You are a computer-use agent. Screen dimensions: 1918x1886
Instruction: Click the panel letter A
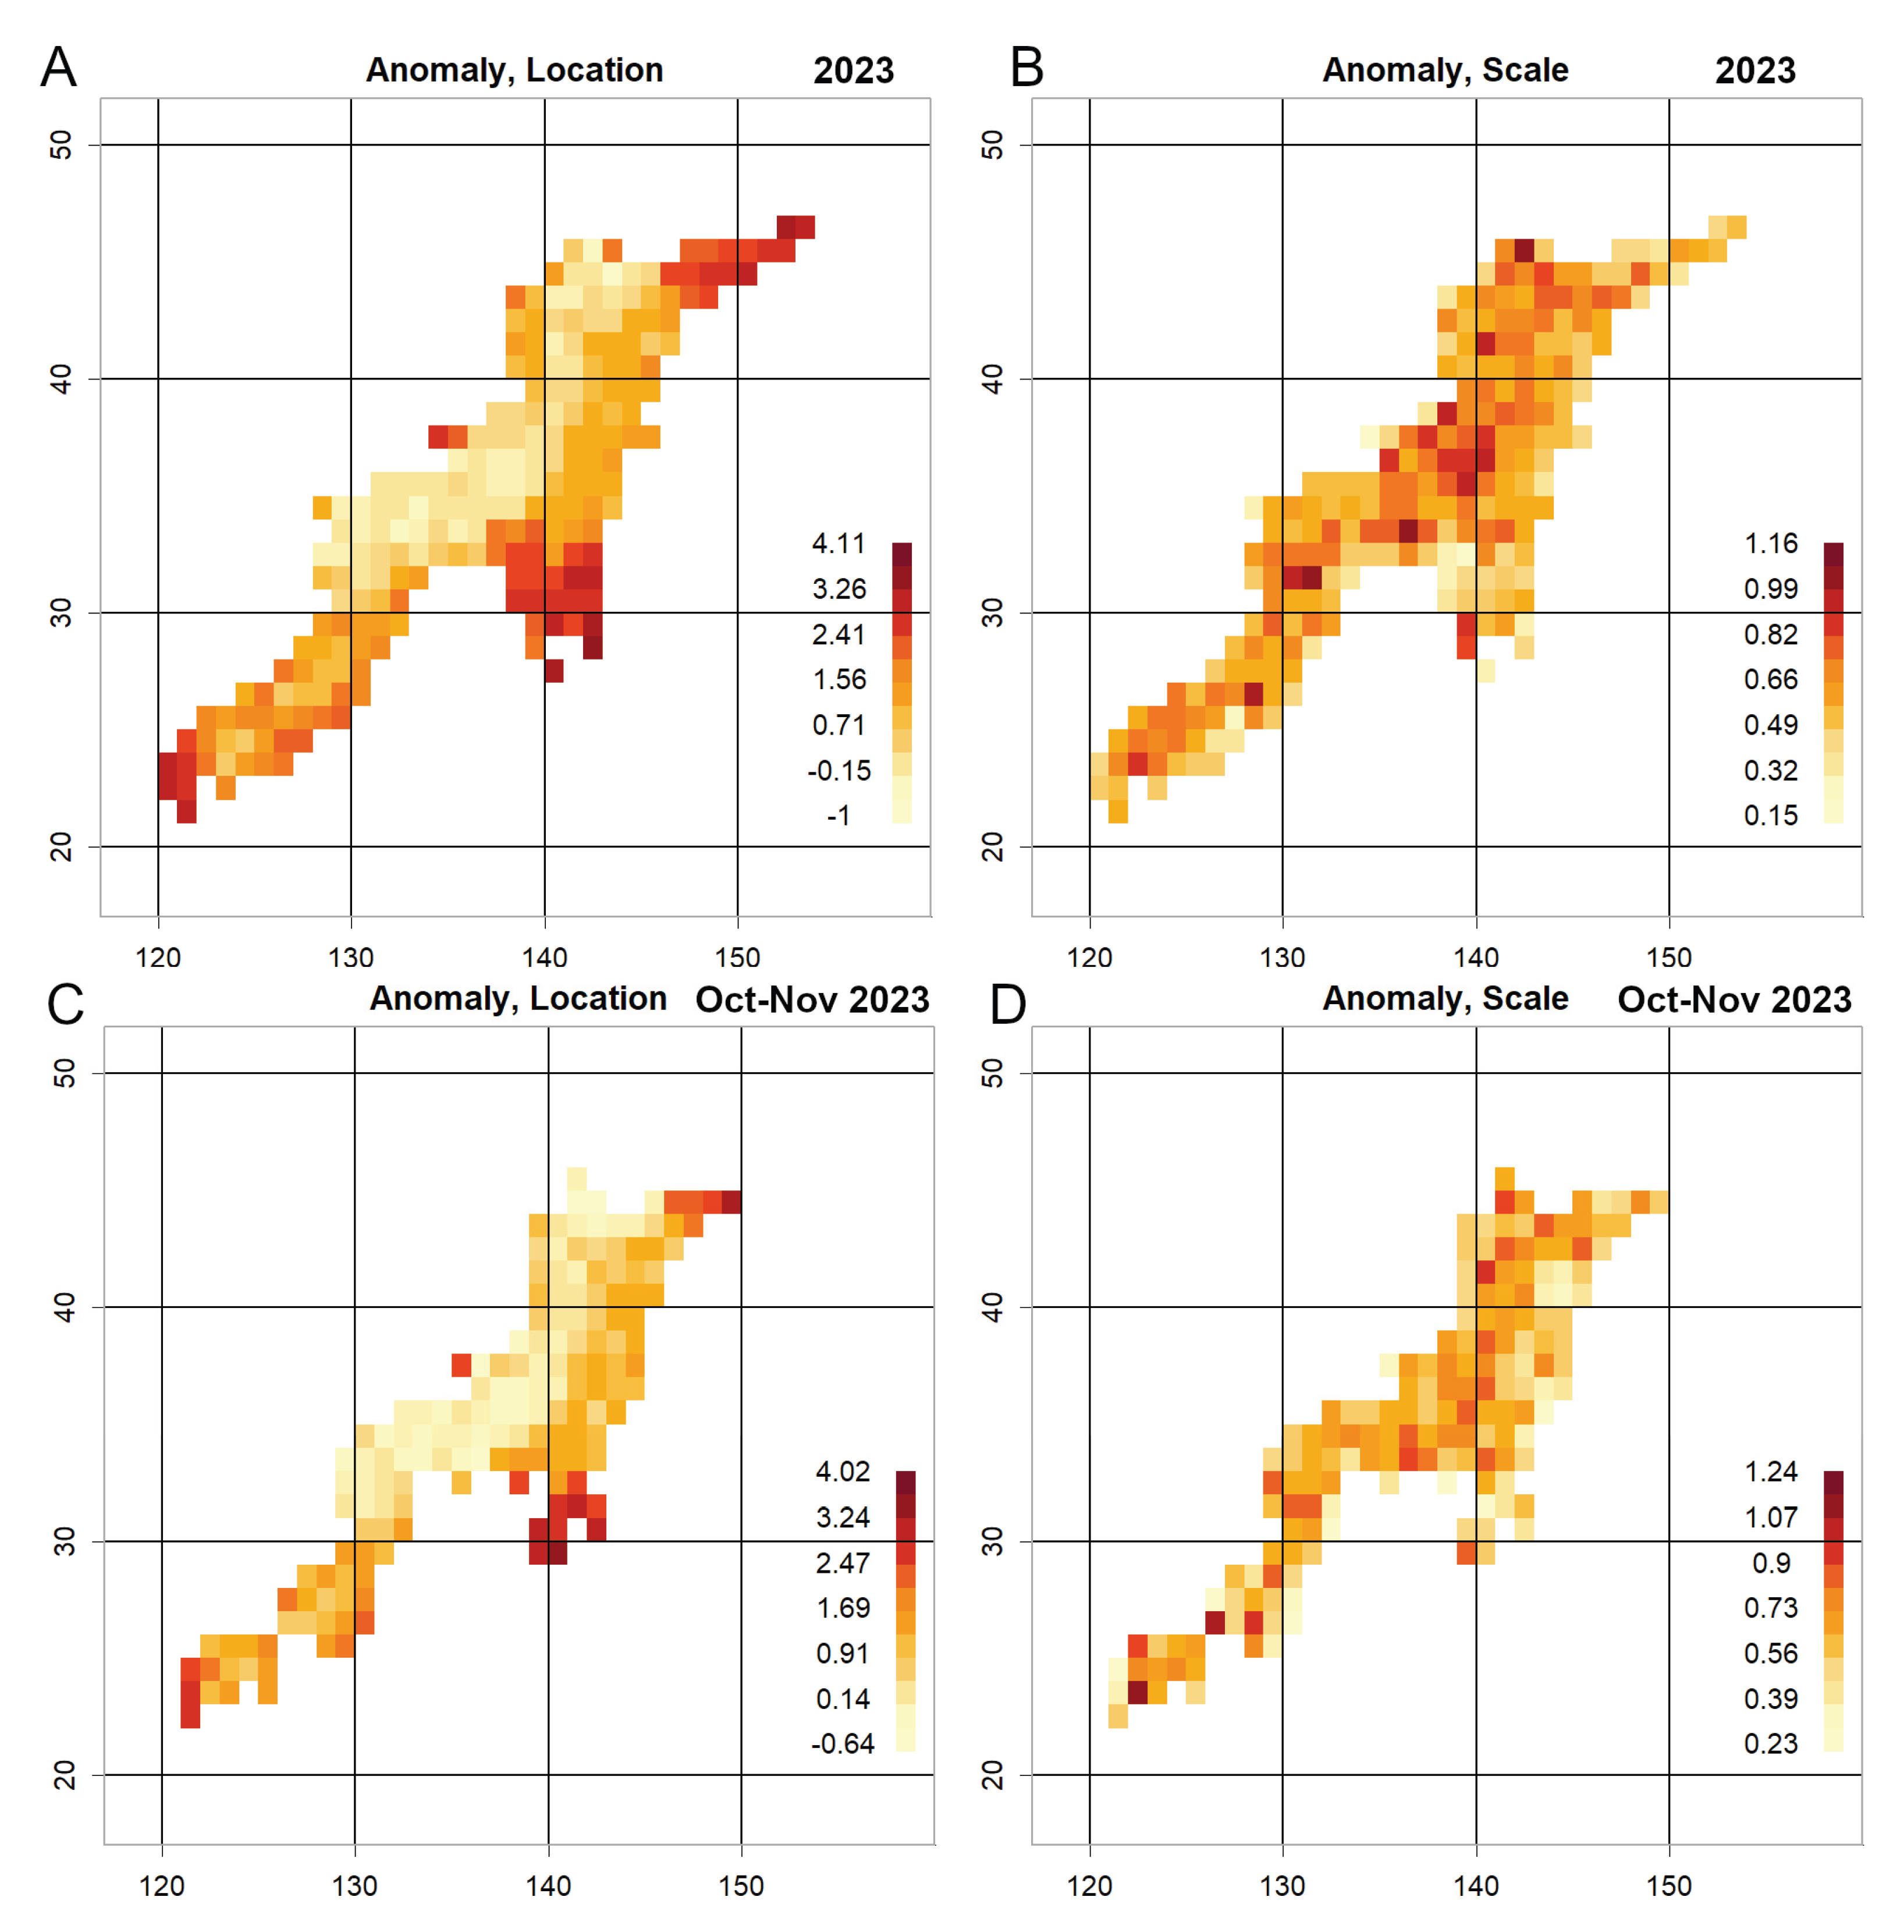coord(58,68)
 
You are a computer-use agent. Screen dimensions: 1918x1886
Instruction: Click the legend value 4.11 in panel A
coord(838,543)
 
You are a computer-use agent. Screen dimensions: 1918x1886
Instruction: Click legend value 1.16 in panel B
coord(1770,543)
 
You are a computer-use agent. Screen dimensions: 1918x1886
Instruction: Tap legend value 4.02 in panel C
coord(842,1471)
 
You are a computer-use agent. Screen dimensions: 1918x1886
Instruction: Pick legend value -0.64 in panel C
coord(842,1743)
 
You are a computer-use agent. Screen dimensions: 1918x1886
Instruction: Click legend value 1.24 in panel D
coord(1770,1471)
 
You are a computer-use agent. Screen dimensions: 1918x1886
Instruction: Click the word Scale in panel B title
coord(1525,70)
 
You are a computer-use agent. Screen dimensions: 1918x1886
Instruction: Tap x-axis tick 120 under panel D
coord(1089,1885)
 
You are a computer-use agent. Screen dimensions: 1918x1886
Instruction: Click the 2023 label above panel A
coord(853,70)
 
